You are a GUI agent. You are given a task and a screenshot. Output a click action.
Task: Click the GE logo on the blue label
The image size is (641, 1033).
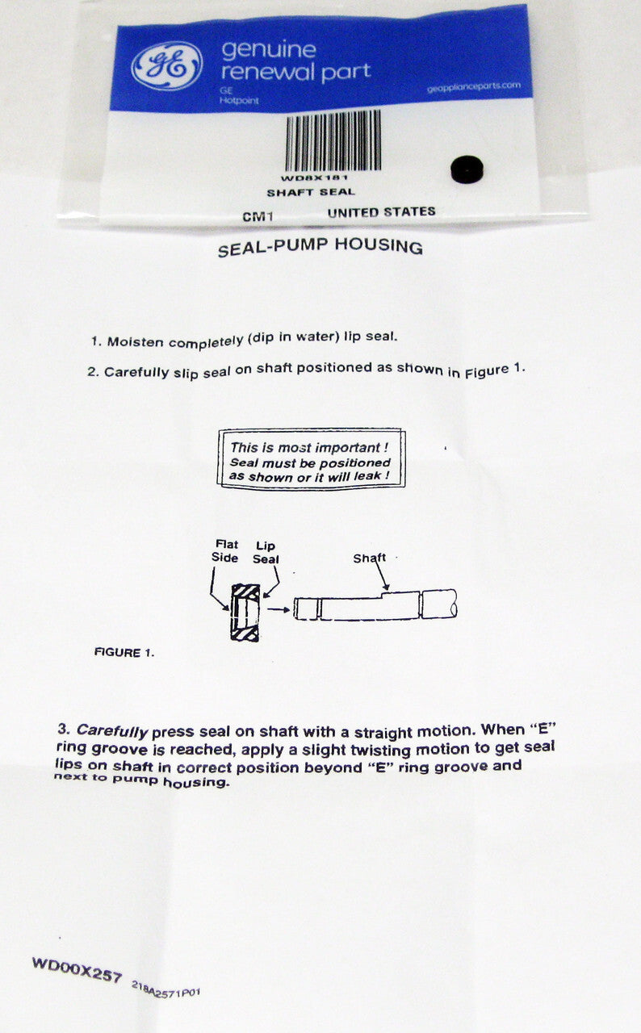point(166,65)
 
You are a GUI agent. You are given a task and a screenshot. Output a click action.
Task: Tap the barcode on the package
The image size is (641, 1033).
point(333,140)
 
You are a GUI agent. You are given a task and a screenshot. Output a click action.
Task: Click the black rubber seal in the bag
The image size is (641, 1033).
point(467,169)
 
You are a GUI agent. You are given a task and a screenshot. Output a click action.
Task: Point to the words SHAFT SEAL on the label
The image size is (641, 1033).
point(311,192)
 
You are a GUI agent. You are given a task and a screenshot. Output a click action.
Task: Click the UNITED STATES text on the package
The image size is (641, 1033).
point(381,212)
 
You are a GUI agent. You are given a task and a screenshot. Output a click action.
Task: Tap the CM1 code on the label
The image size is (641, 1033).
point(258,216)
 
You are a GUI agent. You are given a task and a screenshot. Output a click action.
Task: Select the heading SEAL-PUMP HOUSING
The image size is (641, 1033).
point(320,247)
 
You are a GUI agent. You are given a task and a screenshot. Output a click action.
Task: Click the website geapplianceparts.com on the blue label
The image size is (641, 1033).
point(474,86)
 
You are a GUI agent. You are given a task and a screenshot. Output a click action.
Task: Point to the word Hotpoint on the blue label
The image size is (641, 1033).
point(239,100)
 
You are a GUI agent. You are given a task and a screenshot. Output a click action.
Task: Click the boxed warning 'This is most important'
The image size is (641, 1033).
point(312,458)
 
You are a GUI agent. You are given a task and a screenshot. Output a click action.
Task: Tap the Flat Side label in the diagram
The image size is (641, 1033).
point(225,550)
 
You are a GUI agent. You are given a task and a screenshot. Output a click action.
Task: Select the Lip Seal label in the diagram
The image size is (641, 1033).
point(266,552)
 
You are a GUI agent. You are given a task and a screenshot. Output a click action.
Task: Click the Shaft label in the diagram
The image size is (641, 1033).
point(369,558)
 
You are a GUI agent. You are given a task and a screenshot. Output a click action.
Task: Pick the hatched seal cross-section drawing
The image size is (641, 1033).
point(245,612)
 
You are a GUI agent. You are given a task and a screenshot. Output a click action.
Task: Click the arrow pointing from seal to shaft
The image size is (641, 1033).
point(278,609)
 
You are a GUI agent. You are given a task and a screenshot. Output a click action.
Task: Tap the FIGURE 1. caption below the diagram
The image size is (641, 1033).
point(124,652)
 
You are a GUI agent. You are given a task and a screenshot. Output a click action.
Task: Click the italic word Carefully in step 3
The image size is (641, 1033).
point(111,730)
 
